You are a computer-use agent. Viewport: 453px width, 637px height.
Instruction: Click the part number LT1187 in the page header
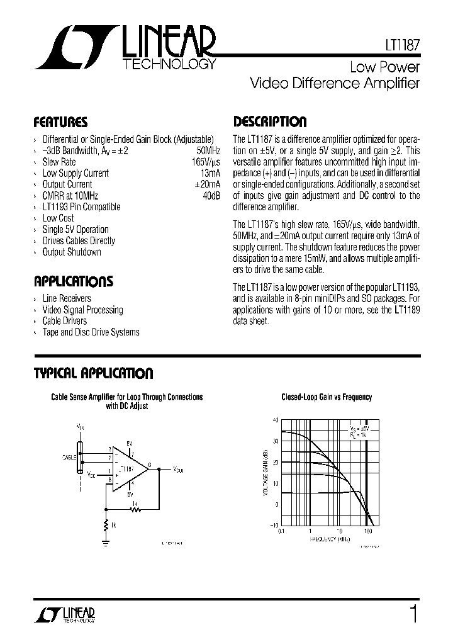click(x=402, y=46)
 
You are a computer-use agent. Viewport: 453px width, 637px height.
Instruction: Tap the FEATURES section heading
click(x=60, y=122)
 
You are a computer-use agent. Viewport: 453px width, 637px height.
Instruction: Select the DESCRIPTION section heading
click(x=270, y=122)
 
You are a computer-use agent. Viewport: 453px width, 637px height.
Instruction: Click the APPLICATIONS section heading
click(x=74, y=281)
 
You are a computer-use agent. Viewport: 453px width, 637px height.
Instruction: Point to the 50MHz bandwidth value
click(x=208, y=150)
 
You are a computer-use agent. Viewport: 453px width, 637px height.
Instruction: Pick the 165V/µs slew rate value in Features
click(x=206, y=162)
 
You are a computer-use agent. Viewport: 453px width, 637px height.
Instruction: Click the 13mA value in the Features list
click(x=210, y=173)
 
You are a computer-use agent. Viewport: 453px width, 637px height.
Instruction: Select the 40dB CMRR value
click(x=211, y=196)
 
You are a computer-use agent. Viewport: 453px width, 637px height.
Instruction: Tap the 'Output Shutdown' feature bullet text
click(x=72, y=252)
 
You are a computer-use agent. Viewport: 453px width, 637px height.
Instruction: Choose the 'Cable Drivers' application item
click(x=65, y=321)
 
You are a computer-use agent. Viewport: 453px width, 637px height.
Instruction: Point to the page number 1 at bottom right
click(x=413, y=614)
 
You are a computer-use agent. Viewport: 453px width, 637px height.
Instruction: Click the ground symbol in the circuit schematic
click(x=105, y=538)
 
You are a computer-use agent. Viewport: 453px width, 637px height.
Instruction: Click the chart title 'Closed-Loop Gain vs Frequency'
click(x=327, y=397)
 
